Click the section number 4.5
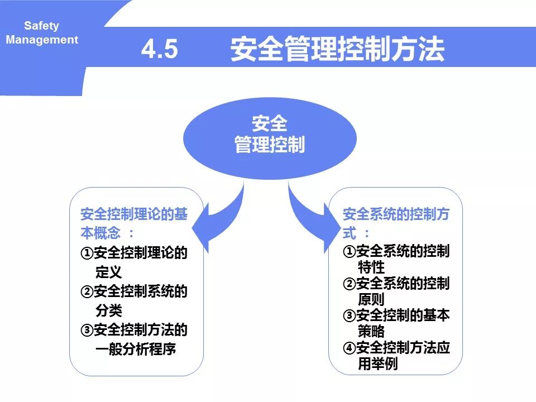tap(159, 50)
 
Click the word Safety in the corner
tap(41, 26)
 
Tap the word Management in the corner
tap(42, 40)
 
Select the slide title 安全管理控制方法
tap(337, 50)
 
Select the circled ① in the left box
tap(87, 253)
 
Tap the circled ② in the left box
tap(87, 291)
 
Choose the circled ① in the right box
tap(349, 252)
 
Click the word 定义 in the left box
tap(108, 272)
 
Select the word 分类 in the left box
tap(108, 310)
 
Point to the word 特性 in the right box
tap(371, 267)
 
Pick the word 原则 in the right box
tap(371, 300)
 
